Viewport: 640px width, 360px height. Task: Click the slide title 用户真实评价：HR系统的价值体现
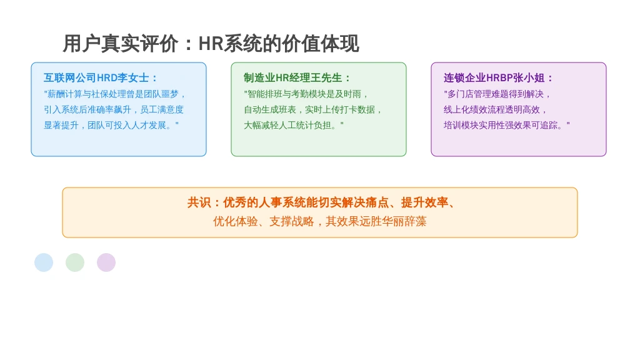(x=211, y=44)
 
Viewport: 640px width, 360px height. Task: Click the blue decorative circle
(x=44, y=262)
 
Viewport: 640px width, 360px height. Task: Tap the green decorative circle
(x=75, y=262)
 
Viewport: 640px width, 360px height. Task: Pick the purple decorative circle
(x=106, y=262)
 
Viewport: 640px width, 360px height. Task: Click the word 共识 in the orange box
(x=199, y=202)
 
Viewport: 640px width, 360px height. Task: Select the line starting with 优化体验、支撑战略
(x=319, y=222)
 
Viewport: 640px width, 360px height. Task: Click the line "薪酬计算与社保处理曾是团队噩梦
(x=115, y=94)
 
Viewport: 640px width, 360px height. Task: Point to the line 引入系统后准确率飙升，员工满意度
(x=114, y=110)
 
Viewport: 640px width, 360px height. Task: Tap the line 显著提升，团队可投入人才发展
(x=111, y=125)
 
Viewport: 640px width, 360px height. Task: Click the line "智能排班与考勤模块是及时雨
(x=306, y=94)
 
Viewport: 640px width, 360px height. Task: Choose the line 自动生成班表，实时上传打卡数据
(x=312, y=110)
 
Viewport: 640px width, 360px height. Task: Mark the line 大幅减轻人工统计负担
(x=294, y=125)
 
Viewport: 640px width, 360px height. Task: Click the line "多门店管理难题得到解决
(x=497, y=94)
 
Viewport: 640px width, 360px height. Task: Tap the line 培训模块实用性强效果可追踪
(x=506, y=125)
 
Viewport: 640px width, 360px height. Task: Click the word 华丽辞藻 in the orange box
(x=404, y=222)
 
